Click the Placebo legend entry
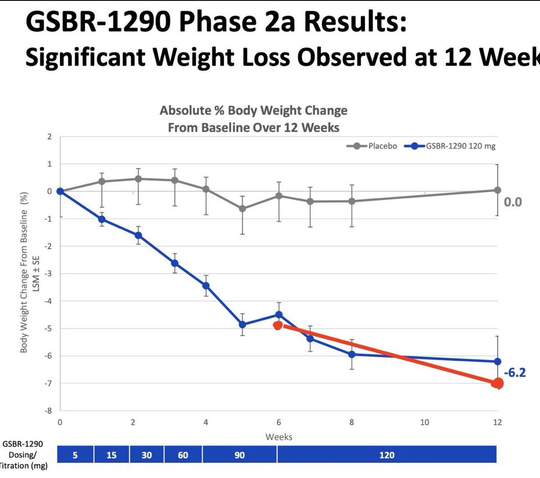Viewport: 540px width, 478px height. (x=382, y=146)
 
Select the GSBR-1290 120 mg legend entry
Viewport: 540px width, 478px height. (x=460, y=146)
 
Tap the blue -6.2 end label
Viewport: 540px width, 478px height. (x=514, y=373)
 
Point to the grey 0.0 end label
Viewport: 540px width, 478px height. (x=513, y=202)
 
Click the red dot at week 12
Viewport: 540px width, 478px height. (x=498, y=383)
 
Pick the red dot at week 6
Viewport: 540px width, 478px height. (x=278, y=325)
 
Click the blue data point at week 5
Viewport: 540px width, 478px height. (x=243, y=324)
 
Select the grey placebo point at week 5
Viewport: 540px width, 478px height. (x=243, y=208)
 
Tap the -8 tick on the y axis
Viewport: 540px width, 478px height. (x=49, y=410)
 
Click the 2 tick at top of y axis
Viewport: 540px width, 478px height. (x=49, y=136)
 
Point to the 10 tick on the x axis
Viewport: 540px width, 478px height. (x=424, y=422)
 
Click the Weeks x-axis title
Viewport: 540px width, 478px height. (x=279, y=437)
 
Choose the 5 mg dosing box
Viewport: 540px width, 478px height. (x=75, y=455)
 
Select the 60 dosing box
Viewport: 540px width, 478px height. (x=183, y=455)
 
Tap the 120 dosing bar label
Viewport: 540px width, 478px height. (x=387, y=455)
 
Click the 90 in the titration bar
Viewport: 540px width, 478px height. (x=239, y=455)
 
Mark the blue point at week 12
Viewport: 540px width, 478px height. (x=497, y=361)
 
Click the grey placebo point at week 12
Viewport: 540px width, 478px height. (x=497, y=190)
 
